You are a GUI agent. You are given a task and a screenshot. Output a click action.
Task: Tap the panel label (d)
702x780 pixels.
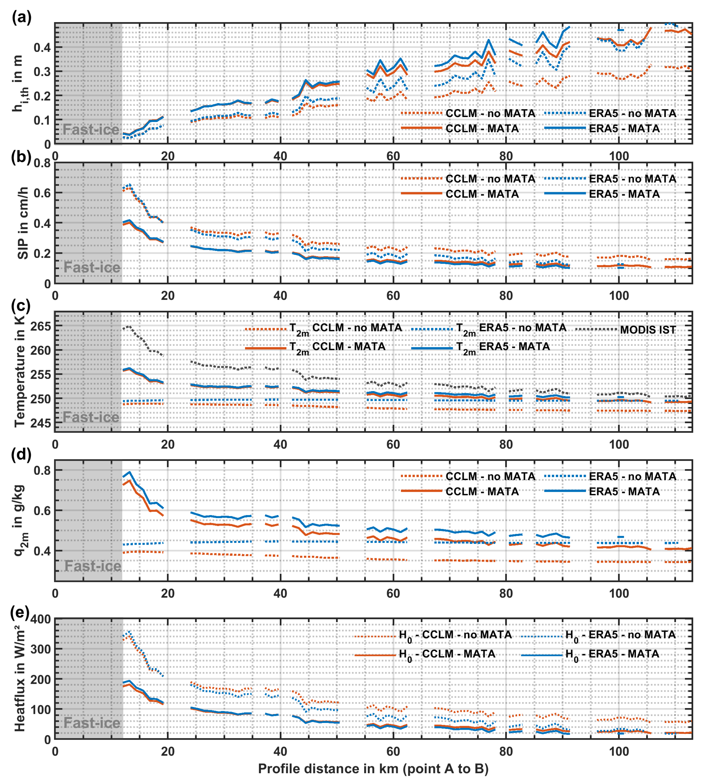point(21,455)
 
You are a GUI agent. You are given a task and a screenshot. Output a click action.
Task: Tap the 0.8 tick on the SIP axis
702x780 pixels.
point(42,163)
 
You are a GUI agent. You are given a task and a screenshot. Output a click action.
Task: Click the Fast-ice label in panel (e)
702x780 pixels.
point(92,723)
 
